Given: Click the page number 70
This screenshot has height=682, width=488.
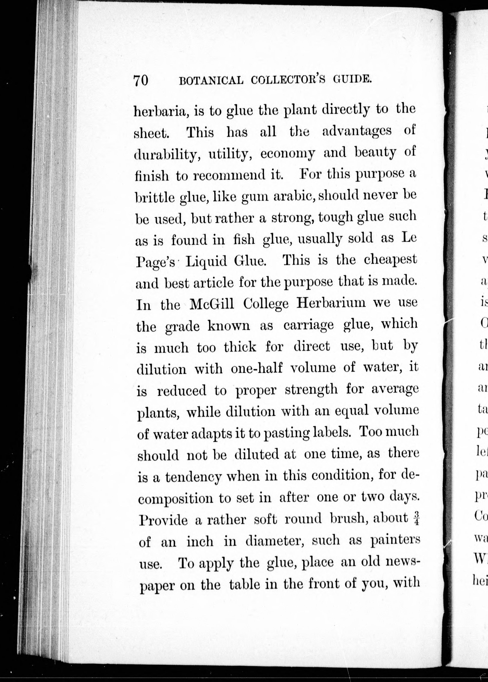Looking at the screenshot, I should click(141, 81).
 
